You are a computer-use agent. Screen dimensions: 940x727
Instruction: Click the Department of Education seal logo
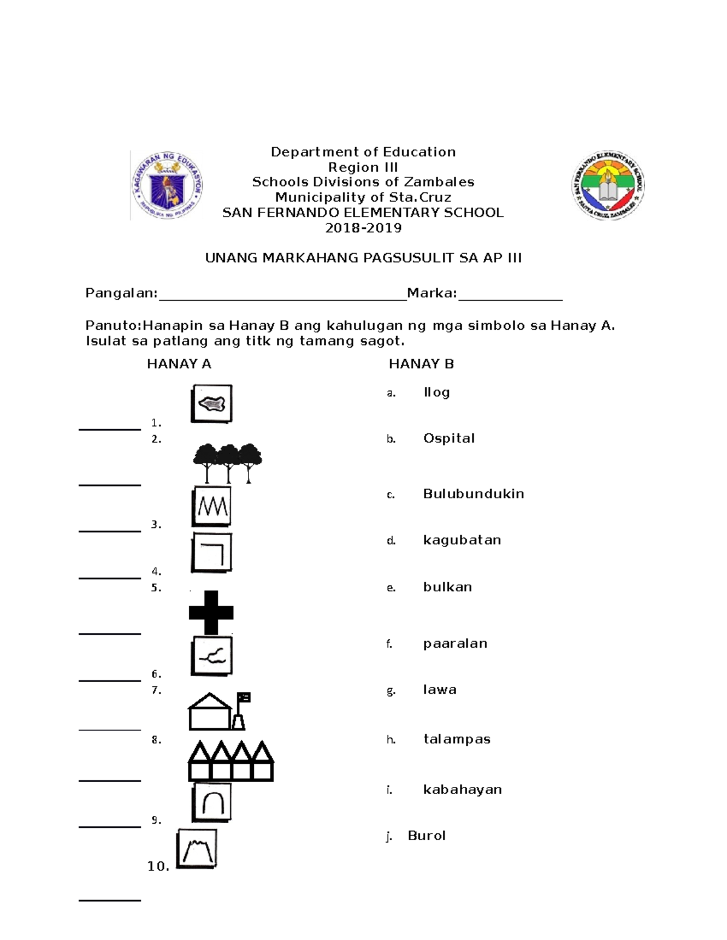coord(167,185)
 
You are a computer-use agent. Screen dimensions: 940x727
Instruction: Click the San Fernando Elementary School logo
coord(608,185)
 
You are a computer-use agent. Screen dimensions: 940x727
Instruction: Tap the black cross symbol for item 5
coord(211,612)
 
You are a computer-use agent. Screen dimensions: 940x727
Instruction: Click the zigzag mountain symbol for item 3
coord(212,507)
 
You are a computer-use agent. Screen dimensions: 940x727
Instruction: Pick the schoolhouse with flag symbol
coord(219,711)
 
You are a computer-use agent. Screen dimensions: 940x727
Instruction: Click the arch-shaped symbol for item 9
coord(212,803)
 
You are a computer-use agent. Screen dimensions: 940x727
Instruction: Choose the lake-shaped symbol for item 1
coord(211,404)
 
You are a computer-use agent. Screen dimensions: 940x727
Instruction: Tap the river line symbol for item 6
coord(212,656)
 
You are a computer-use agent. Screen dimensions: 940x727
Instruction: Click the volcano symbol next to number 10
coord(197,849)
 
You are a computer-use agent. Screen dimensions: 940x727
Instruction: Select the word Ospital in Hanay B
coord(448,438)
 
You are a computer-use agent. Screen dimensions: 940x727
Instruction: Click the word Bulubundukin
coord(473,494)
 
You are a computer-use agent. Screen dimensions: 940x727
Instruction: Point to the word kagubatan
coord(462,540)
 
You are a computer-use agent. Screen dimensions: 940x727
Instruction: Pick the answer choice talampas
coord(456,739)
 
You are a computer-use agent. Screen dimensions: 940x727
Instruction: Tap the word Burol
coord(427,836)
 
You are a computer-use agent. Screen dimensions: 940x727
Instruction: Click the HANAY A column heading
coord(179,364)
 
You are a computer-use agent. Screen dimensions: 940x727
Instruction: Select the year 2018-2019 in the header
coord(363,228)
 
